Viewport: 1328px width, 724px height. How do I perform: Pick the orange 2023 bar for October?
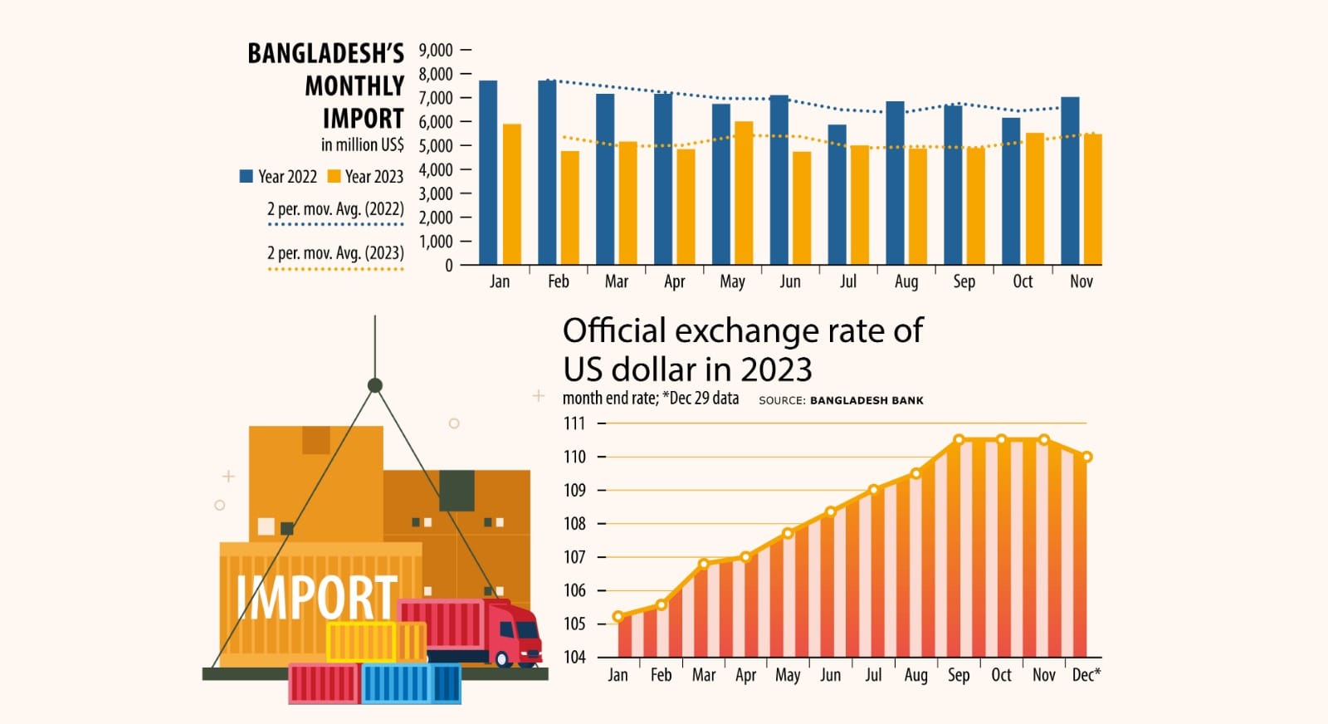tap(1035, 199)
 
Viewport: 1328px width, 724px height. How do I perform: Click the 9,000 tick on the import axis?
tap(436, 51)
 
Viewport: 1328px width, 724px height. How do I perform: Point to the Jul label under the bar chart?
tap(847, 281)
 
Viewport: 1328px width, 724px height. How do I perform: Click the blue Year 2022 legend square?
tap(246, 176)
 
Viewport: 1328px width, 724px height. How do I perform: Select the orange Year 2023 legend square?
tap(334, 176)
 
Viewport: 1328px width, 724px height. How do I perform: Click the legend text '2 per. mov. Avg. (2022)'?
tap(335, 209)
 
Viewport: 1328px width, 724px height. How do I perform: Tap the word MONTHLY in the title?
tap(354, 86)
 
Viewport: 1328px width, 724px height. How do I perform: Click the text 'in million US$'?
tap(362, 144)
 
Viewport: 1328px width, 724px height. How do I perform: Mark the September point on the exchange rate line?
tap(959, 440)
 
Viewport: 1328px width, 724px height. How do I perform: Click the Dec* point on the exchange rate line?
tap(1086, 457)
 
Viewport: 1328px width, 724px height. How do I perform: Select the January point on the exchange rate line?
tap(618, 617)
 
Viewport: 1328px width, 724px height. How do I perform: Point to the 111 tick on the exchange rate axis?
tap(574, 423)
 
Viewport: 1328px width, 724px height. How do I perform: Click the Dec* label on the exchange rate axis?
tap(1086, 675)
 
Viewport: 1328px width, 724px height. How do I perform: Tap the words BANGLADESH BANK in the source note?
tap(867, 400)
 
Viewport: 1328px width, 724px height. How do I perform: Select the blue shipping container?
tap(411, 683)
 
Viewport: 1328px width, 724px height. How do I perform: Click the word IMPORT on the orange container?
tap(316, 598)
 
